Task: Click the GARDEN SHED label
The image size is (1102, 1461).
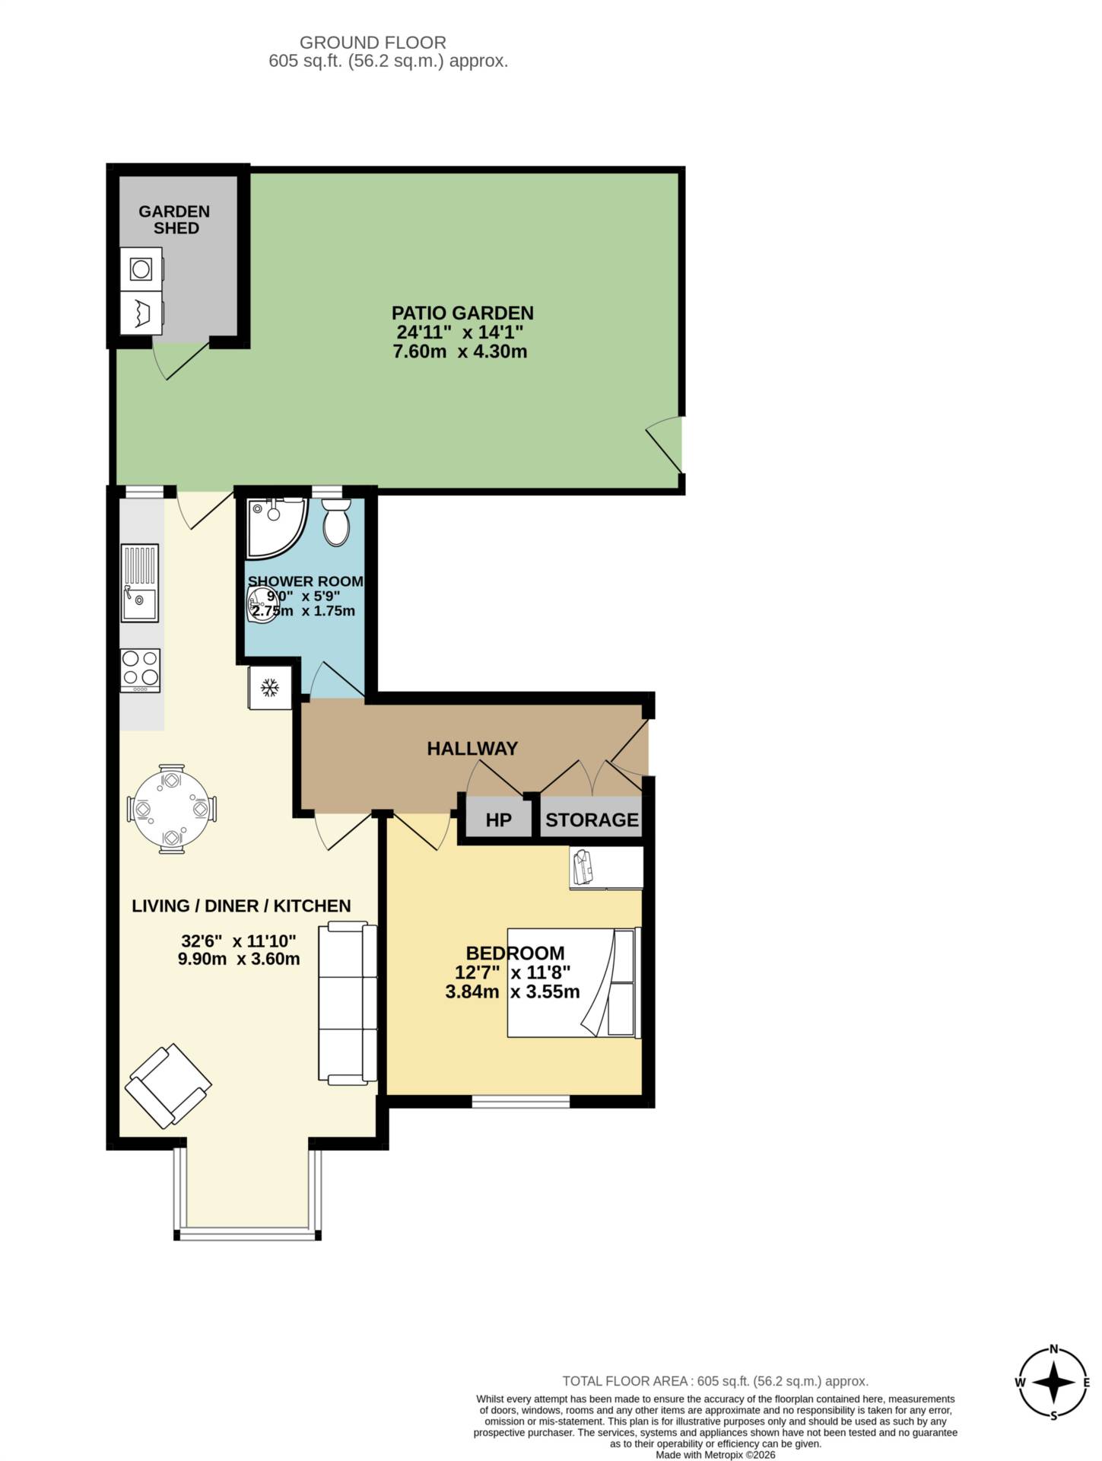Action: (174, 220)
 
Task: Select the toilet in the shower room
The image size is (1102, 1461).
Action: (336, 523)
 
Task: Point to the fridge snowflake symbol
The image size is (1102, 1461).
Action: (269, 689)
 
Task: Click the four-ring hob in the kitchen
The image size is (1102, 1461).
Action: (141, 670)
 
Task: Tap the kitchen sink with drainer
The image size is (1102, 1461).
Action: (140, 583)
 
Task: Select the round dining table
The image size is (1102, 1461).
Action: (172, 809)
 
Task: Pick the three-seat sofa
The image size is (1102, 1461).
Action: (348, 1003)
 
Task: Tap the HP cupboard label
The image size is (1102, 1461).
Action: (498, 820)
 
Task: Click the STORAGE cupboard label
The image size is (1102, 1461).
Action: (592, 820)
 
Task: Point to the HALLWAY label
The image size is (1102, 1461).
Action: (472, 749)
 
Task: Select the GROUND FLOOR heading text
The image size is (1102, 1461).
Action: (373, 43)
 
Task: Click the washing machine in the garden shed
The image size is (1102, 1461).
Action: (141, 269)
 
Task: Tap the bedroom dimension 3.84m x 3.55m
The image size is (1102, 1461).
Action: (513, 992)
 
